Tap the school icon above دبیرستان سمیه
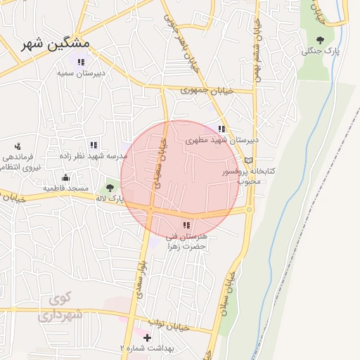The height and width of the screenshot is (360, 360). point(81,63)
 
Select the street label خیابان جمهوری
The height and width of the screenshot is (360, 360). point(203,90)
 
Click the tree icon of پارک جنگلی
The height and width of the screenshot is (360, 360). point(321,40)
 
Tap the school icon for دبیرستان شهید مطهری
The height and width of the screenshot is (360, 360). point(222,129)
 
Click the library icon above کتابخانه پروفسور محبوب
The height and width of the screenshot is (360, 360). point(247,161)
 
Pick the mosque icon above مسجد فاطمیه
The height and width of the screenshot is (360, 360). point(65,178)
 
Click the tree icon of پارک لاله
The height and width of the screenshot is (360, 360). point(110,187)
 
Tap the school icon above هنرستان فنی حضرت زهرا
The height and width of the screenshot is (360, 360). point(186,226)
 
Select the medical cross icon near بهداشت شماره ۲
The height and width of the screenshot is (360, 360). point(146,338)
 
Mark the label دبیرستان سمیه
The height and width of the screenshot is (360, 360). point(81,72)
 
